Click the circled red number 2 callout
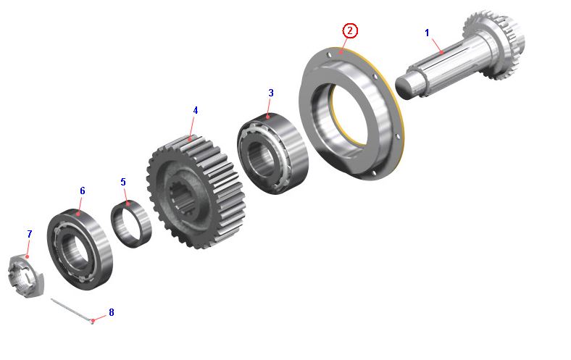click(350, 31)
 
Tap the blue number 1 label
click(427, 33)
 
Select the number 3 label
click(270, 93)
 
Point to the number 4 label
click(195, 110)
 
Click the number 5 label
click(123, 182)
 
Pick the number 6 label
click(83, 191)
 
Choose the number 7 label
click(30, 234)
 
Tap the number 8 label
click(112, 312)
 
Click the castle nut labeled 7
click(25, 276)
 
